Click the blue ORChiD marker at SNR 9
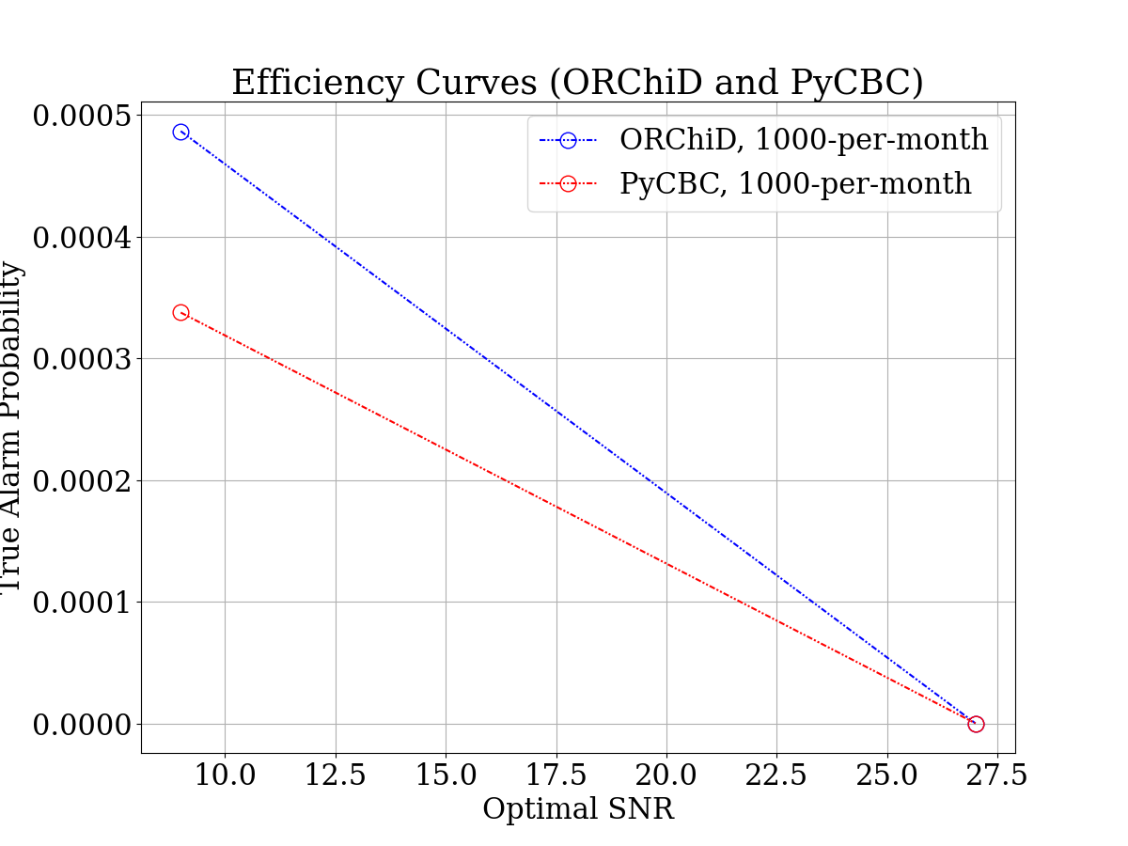pos(180,133)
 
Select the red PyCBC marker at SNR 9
pos(180,312)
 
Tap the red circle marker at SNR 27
pos(976,724)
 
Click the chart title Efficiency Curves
pos(577,83)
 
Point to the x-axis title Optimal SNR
pos(578,808)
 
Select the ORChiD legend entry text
pos(804,140)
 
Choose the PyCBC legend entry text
pos(795,183)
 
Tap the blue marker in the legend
pos(568,140)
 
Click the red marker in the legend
pos(568,183)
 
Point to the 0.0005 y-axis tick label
pos(82,116)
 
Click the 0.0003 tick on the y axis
pos(82,359)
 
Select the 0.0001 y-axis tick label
pos(82,603)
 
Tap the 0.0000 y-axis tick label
pos(82,725)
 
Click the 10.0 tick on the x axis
pos(225,776)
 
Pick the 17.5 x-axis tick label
pos(556,776)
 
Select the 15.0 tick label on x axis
pos(446,776)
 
